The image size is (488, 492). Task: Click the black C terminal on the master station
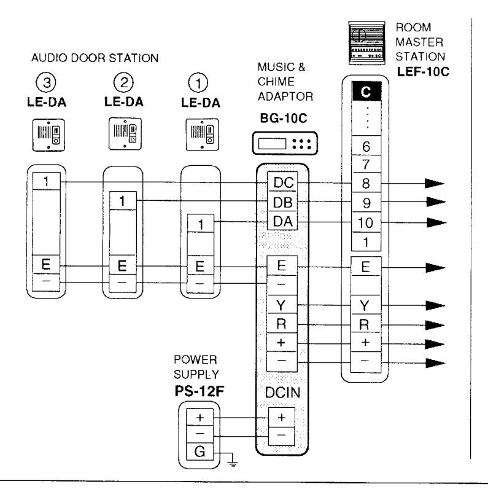click(366, 92)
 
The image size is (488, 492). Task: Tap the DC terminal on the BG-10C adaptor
click(282, 182)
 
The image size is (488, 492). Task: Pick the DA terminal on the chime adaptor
click(282, 221)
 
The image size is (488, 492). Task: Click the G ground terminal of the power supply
click(199, 451)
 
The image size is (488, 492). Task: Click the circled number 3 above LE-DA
click(46, 82)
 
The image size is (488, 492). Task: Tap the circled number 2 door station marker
click(123, 82)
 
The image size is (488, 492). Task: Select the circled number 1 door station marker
click(198, 83)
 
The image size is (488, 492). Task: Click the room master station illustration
click(366, 43)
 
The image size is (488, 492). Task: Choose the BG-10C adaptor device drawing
click(285, 143)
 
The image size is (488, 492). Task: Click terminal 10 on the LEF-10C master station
click(366, 222)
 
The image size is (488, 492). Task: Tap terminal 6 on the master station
click(366, 146)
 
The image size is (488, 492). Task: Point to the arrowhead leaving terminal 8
click(435, 183)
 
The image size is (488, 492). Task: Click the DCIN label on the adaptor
click(282, 392)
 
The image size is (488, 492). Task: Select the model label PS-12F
click(199, 391)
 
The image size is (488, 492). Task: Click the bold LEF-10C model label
click(423, 72)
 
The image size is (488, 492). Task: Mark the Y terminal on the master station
click(365, 305)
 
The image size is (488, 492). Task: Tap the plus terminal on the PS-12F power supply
click(199, 417)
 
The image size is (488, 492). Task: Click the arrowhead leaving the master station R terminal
click(435, 325)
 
